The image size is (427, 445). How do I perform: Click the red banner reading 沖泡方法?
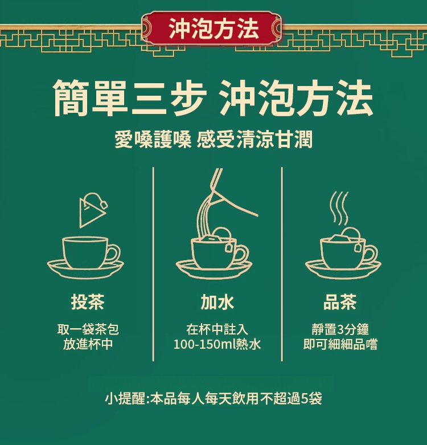212,28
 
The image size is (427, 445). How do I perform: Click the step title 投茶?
88,301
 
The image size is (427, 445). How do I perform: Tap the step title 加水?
217,301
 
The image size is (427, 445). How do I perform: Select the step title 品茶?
340,301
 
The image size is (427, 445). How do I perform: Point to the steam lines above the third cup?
339,209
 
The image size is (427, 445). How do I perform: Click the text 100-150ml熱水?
217,344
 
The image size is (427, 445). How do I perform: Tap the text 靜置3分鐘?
340,329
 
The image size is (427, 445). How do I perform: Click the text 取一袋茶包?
88,329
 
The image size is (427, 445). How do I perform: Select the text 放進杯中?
88,344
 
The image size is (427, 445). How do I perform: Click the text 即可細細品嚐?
340,344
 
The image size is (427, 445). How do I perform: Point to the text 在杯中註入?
217,329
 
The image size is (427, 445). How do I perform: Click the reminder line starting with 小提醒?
213,398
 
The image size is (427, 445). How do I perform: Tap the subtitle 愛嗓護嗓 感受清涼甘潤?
213,139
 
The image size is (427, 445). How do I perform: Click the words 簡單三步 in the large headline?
130,98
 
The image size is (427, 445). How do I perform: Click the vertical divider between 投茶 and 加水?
153,264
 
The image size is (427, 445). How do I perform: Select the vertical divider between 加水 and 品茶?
282,264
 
